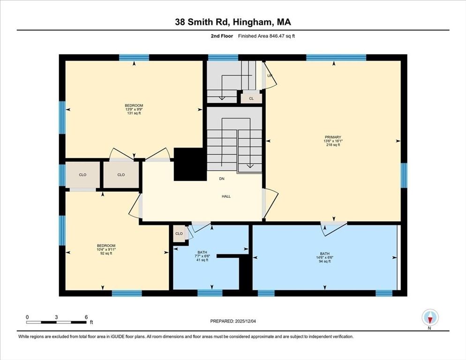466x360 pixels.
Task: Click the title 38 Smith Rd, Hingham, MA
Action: click(233, 22)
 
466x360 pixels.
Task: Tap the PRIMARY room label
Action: click(333, 137)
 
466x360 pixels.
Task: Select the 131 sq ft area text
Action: click(134, 113)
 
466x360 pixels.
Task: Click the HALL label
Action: click(226, 196)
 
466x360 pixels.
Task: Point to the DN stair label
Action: click(221, 179)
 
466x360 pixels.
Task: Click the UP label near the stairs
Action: click(270, 75)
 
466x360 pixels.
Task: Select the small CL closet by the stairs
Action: click(251, 98)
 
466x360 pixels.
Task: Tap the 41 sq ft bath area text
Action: click(202, 261)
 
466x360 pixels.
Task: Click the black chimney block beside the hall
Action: click(190, 165)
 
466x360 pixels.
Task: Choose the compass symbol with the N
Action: click(429, 318)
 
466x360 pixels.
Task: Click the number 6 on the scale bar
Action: click(86, 317)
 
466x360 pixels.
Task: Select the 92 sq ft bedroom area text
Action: click(106, 254)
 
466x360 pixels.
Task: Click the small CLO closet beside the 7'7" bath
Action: click(179, 233)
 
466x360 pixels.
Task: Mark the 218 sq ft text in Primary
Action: click(333, 145)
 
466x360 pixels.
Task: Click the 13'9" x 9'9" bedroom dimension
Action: click(134, 109)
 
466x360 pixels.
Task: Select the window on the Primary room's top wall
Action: click(336, 58)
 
